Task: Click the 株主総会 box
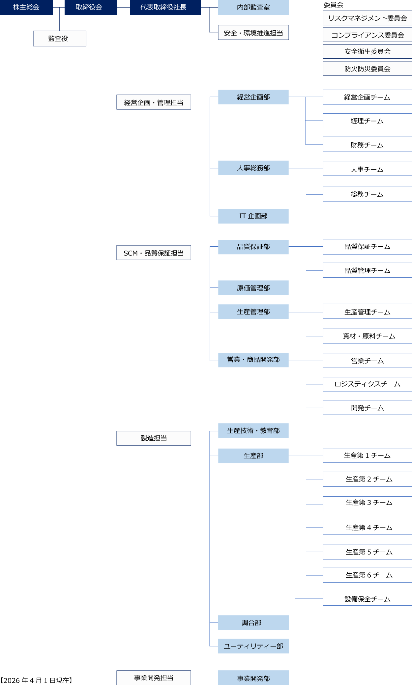26,7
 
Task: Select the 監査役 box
59,39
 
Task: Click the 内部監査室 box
253,8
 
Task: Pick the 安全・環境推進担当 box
253,33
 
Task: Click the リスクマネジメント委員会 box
367,18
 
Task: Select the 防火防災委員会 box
367,68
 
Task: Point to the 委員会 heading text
333,5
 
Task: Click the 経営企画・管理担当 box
154,102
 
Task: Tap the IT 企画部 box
253,216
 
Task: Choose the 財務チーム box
367,145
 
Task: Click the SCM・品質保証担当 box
154,253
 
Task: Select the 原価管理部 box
253,288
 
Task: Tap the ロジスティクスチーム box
367,384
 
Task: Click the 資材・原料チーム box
367,336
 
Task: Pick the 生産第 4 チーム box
367,527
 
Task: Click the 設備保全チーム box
367,599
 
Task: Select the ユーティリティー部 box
253,646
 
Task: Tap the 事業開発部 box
253,678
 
